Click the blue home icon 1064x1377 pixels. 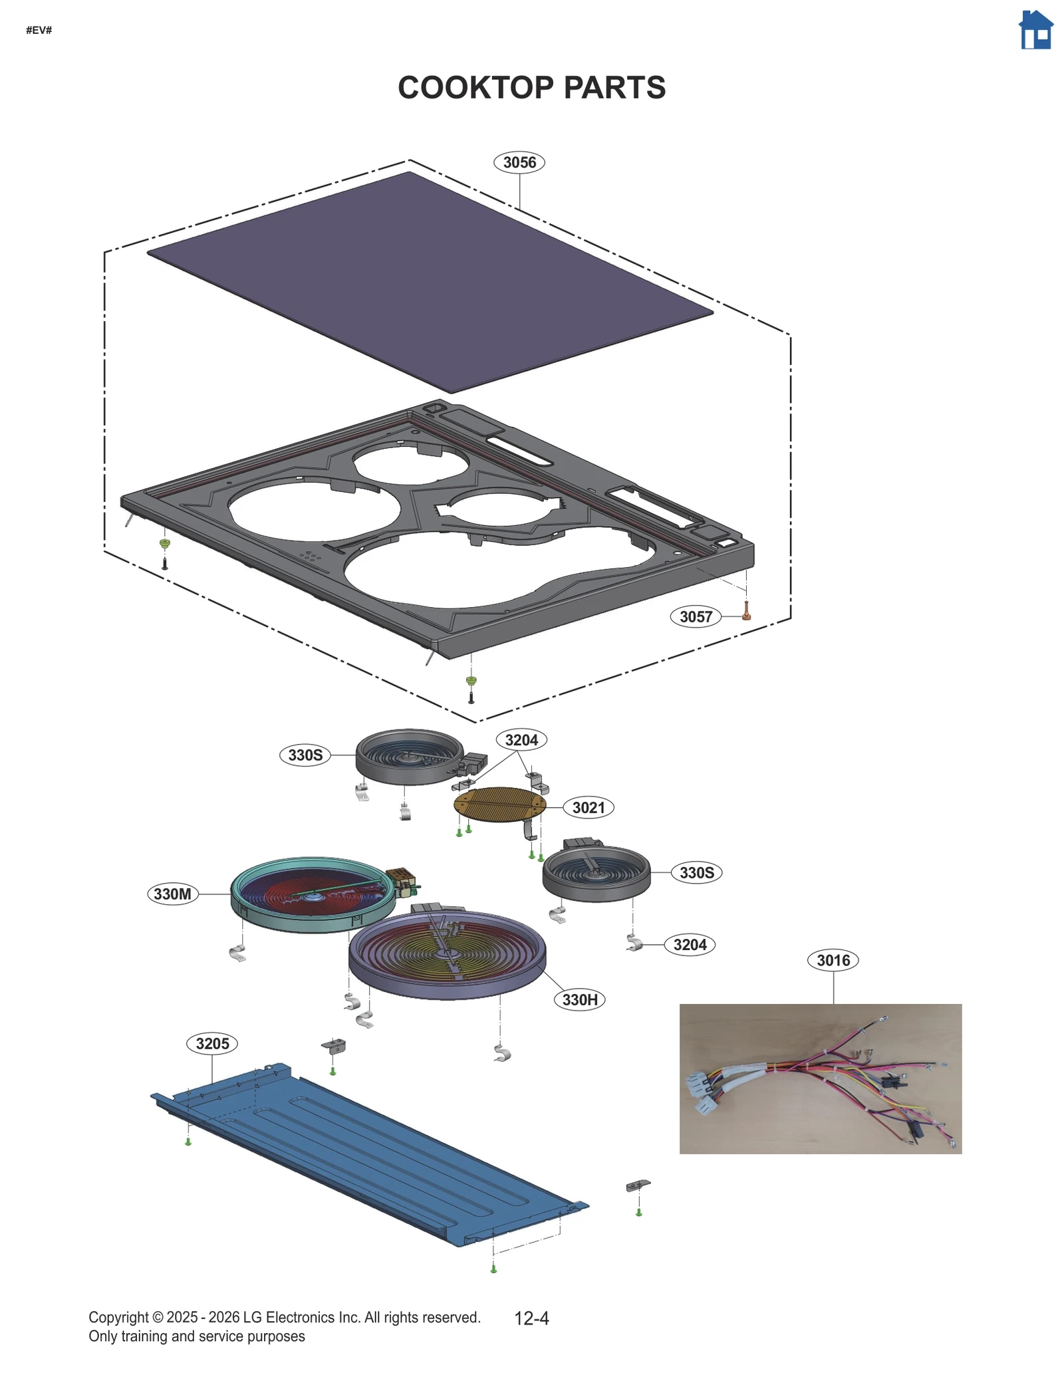pyautogui.click(x=1035, y=31)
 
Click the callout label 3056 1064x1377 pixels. pyautogui.click(x=519, y=162)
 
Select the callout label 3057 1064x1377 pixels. pyautogui.click(x=695, y=616)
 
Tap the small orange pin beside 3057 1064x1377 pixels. pyautogui.click(x=746, y=611)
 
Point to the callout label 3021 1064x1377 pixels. pyautogui.click(x=588, y=807)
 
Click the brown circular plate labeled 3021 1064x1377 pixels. pyautogui.click(x=499, y=804)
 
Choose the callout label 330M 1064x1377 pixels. pyautogui.click(x=172, y=894)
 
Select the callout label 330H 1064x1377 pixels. pyautogui.click(x=579, y=999)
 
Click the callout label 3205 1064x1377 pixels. pyautogui.click(x=212, y=1043)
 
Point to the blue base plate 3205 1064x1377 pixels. pyautogui.click(x=372, y=1157)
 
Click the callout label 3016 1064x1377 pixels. pyautogui.click(x=833, y=960)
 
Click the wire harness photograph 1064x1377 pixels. pyautogui.click(x=820, y=1078)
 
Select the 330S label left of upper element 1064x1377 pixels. pyautogui.click(x=305, y=755)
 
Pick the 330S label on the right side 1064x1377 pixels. pyautogui.click(x=696, y=872)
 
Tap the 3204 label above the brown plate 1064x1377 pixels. pyautogui.click(x=521, y=740)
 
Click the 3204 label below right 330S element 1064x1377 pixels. pyautogui.click(x=689, y=944)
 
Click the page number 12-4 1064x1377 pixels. pyautogui.click(x=531, y=1318)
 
